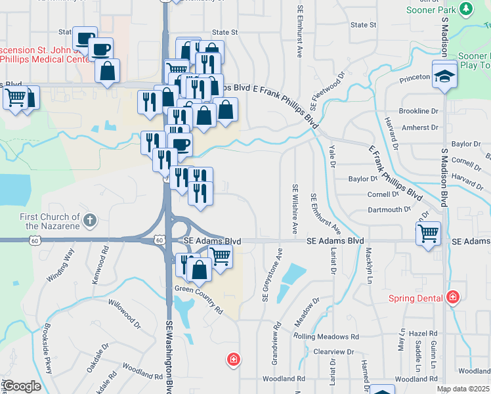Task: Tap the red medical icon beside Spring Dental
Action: [x=452, y=297]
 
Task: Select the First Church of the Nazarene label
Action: [x=50, y=221]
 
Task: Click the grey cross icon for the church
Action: [x=91, y=220]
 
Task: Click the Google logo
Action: [x=21, y=386]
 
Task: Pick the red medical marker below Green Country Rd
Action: [x=233, y=359]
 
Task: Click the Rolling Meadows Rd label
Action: [x=326, y=336]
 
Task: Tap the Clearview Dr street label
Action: [x=333, y=352]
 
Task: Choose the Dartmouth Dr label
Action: [x=389, y=210]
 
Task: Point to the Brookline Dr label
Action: [x=418, y=112]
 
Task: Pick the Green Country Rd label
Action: [x=199, y=299]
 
